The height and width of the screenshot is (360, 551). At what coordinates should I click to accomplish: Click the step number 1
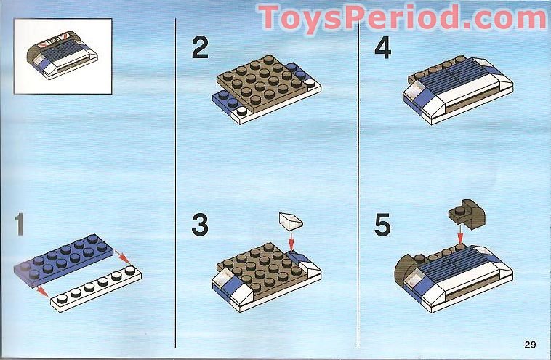click(x=20, y=224)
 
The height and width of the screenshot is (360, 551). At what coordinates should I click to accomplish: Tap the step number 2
click(x=200, y=47)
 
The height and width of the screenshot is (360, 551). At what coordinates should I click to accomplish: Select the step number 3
click(x=200, y=224)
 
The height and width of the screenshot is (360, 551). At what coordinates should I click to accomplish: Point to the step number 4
click(x=382, y=47)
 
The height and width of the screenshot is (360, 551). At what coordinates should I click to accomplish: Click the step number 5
click(x=382, y=224)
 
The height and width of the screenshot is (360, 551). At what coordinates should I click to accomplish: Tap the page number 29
click(x=530, y=344)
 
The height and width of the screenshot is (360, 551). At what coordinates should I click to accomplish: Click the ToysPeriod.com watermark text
click(x=403, y=17)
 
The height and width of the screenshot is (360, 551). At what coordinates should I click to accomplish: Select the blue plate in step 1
click(x=63, y=260)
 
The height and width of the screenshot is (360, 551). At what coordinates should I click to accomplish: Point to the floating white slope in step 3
click(x=291, y=221)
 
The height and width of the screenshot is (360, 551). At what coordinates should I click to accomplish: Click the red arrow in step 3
click(x=291, y=241)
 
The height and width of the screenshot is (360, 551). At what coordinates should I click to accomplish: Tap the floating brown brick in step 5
click(x=467, y=215)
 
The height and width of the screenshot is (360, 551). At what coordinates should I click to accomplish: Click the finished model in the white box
click(x=63, y=56)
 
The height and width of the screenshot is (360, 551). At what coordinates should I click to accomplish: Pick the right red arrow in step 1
click(x=123, y=257)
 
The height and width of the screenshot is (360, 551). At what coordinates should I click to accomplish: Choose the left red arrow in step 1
click(x=42, y=291)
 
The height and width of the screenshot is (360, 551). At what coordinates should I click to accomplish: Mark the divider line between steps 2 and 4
click(x=358, y=183)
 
